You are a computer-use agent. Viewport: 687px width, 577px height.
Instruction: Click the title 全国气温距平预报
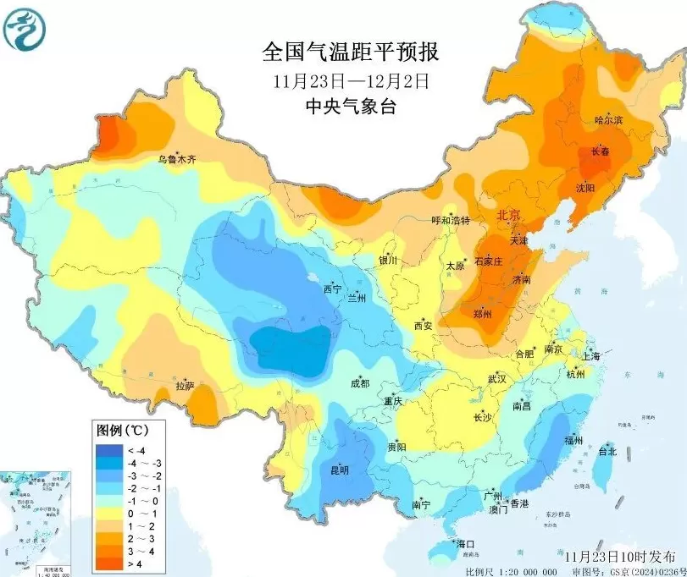click(350, 52)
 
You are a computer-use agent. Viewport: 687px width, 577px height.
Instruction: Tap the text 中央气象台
click(350, 107)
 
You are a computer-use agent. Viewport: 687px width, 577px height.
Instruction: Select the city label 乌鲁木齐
click(177, 159)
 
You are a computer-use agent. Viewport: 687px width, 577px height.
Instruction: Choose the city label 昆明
click(340, 470)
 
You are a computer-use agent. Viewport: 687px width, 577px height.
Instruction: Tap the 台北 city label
click(607, 452)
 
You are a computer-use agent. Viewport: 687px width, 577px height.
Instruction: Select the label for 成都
click(359, 383)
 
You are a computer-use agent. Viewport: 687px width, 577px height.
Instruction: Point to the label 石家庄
click(489, 261)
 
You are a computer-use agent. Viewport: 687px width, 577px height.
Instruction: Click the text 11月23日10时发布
click(622, 558)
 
